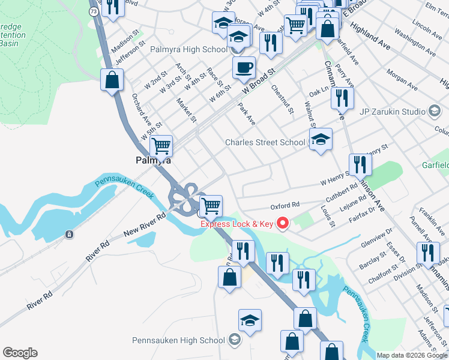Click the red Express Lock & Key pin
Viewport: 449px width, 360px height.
282,224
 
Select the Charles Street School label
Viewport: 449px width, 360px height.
264,142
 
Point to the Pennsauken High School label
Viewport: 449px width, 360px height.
178,340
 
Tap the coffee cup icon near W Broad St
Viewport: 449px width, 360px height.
244,67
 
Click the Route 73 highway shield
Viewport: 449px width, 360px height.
92,11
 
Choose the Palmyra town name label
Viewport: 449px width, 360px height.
154,161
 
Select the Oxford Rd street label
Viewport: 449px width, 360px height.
285,206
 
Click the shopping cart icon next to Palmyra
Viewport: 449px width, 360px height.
161,145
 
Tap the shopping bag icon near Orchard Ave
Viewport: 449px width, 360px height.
112,79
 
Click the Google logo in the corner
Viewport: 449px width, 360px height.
20,353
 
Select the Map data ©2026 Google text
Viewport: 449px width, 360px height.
412,355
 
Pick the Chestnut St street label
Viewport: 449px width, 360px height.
282,99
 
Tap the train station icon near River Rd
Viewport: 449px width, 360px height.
70,234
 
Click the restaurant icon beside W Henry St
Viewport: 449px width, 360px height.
360,164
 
